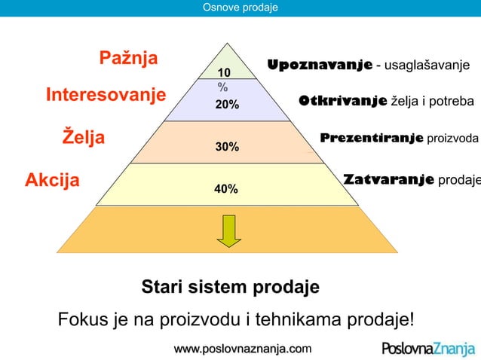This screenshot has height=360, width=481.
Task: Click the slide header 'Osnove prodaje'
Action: pos(240,8)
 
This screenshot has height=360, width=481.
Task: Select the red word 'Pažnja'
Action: pos(128,59)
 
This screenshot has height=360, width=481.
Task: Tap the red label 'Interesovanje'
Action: pos(106,96)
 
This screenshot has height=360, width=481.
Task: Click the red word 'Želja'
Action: pos(83,139)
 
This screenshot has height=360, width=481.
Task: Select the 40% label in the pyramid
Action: pos(226,189)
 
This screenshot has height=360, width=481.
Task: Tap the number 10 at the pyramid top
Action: pos(224,72)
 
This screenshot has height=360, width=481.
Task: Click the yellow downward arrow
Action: pos(229,230)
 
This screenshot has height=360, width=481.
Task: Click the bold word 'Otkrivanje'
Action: pos(342,101)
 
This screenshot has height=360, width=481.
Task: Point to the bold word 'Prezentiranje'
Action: pos(372,139)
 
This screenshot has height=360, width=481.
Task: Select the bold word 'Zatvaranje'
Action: pos(388,180)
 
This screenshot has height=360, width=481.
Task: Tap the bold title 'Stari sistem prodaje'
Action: pos(231,288)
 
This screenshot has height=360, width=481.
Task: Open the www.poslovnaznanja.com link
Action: pos(241,349)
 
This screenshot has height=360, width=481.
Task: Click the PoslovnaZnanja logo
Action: pos(427,349)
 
